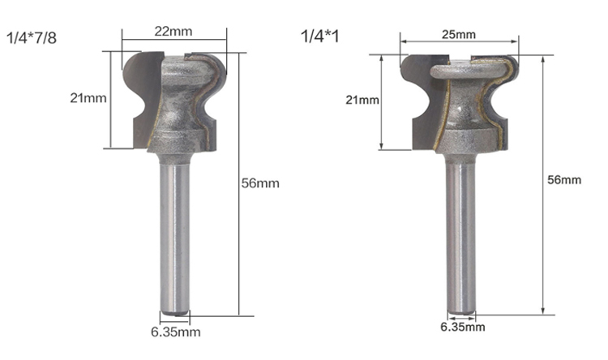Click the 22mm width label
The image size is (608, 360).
tap(173, 31)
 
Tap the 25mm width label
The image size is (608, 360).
tap(459, 35)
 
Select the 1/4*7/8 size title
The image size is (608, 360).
tap(32, 38)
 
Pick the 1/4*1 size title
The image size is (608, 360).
tap(320, 36)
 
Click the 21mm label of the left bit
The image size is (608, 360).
tap(88, 98)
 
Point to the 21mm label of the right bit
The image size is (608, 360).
tap(362, 100)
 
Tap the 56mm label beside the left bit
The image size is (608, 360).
tap(260, 183)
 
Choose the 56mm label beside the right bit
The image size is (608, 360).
tap(564, 180)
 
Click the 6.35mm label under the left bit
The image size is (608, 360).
tap(176, 332)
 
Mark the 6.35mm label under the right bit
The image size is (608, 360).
tap(463, 327)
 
